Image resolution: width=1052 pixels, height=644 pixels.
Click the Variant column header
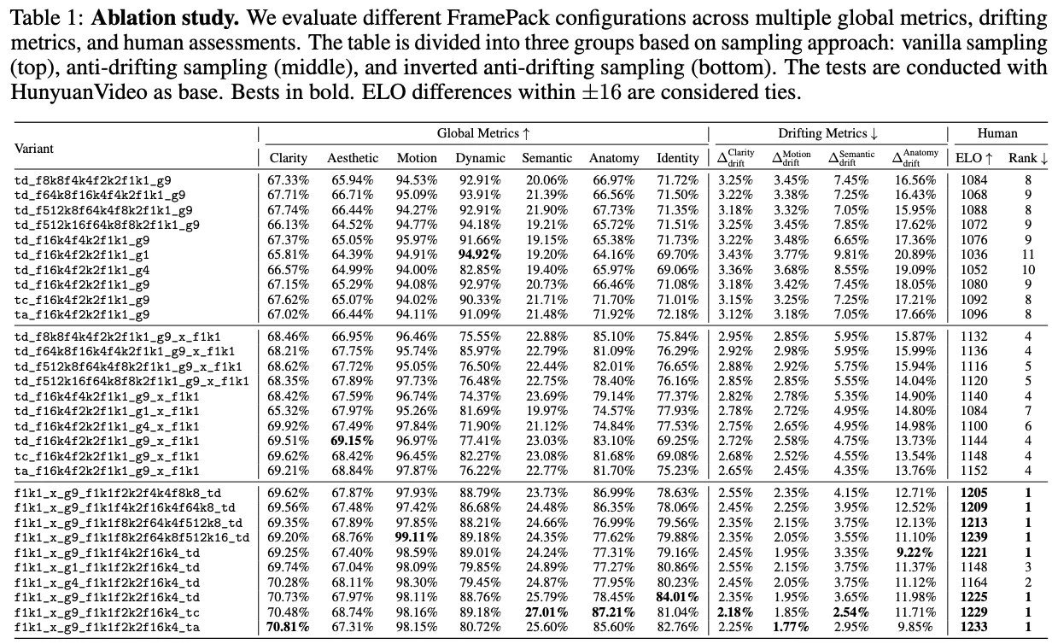click(34, 148)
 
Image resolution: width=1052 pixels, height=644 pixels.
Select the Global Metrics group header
click(483, 133)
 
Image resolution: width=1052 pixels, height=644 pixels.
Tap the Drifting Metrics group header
click(827, 133)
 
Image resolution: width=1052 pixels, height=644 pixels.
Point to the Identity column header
click(677, 158)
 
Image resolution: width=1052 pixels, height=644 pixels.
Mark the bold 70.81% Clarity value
click(289, 626)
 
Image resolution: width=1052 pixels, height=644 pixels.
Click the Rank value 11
click(1028, 255)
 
